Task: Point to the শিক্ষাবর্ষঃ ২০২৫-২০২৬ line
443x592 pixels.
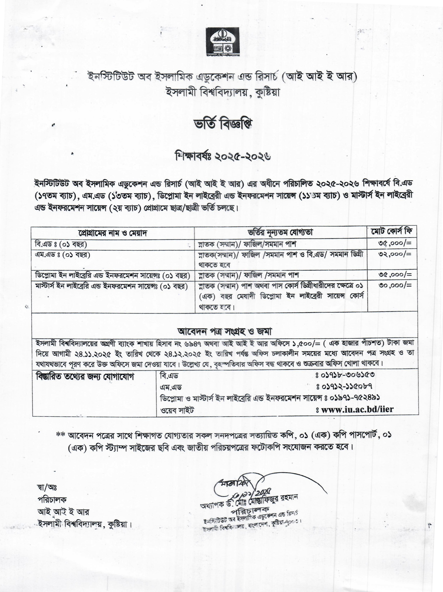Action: [x=223, y=156]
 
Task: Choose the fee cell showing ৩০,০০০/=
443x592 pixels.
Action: [x=395, y=285]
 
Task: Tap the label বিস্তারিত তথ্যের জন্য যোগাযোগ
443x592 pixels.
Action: [x=85, y=376]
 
